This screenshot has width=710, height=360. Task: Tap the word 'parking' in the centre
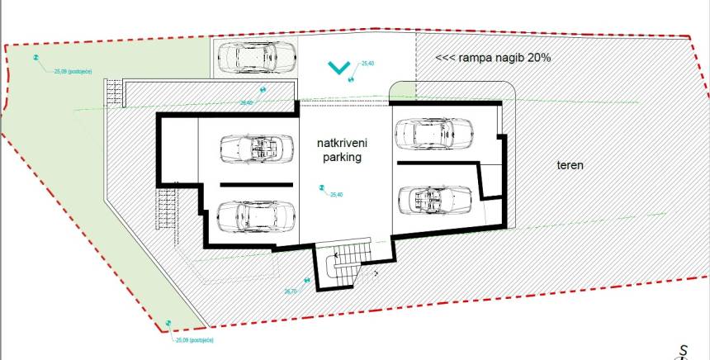coord(343,157)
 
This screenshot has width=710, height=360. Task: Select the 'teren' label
coord(570,165)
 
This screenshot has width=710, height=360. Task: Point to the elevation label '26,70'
coord(291,291)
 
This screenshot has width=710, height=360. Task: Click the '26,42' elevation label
coord(246,102)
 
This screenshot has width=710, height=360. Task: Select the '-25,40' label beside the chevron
coord(367,63)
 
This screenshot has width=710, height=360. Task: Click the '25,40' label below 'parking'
coord(335,195)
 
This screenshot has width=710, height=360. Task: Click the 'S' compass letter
coord(684,348)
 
